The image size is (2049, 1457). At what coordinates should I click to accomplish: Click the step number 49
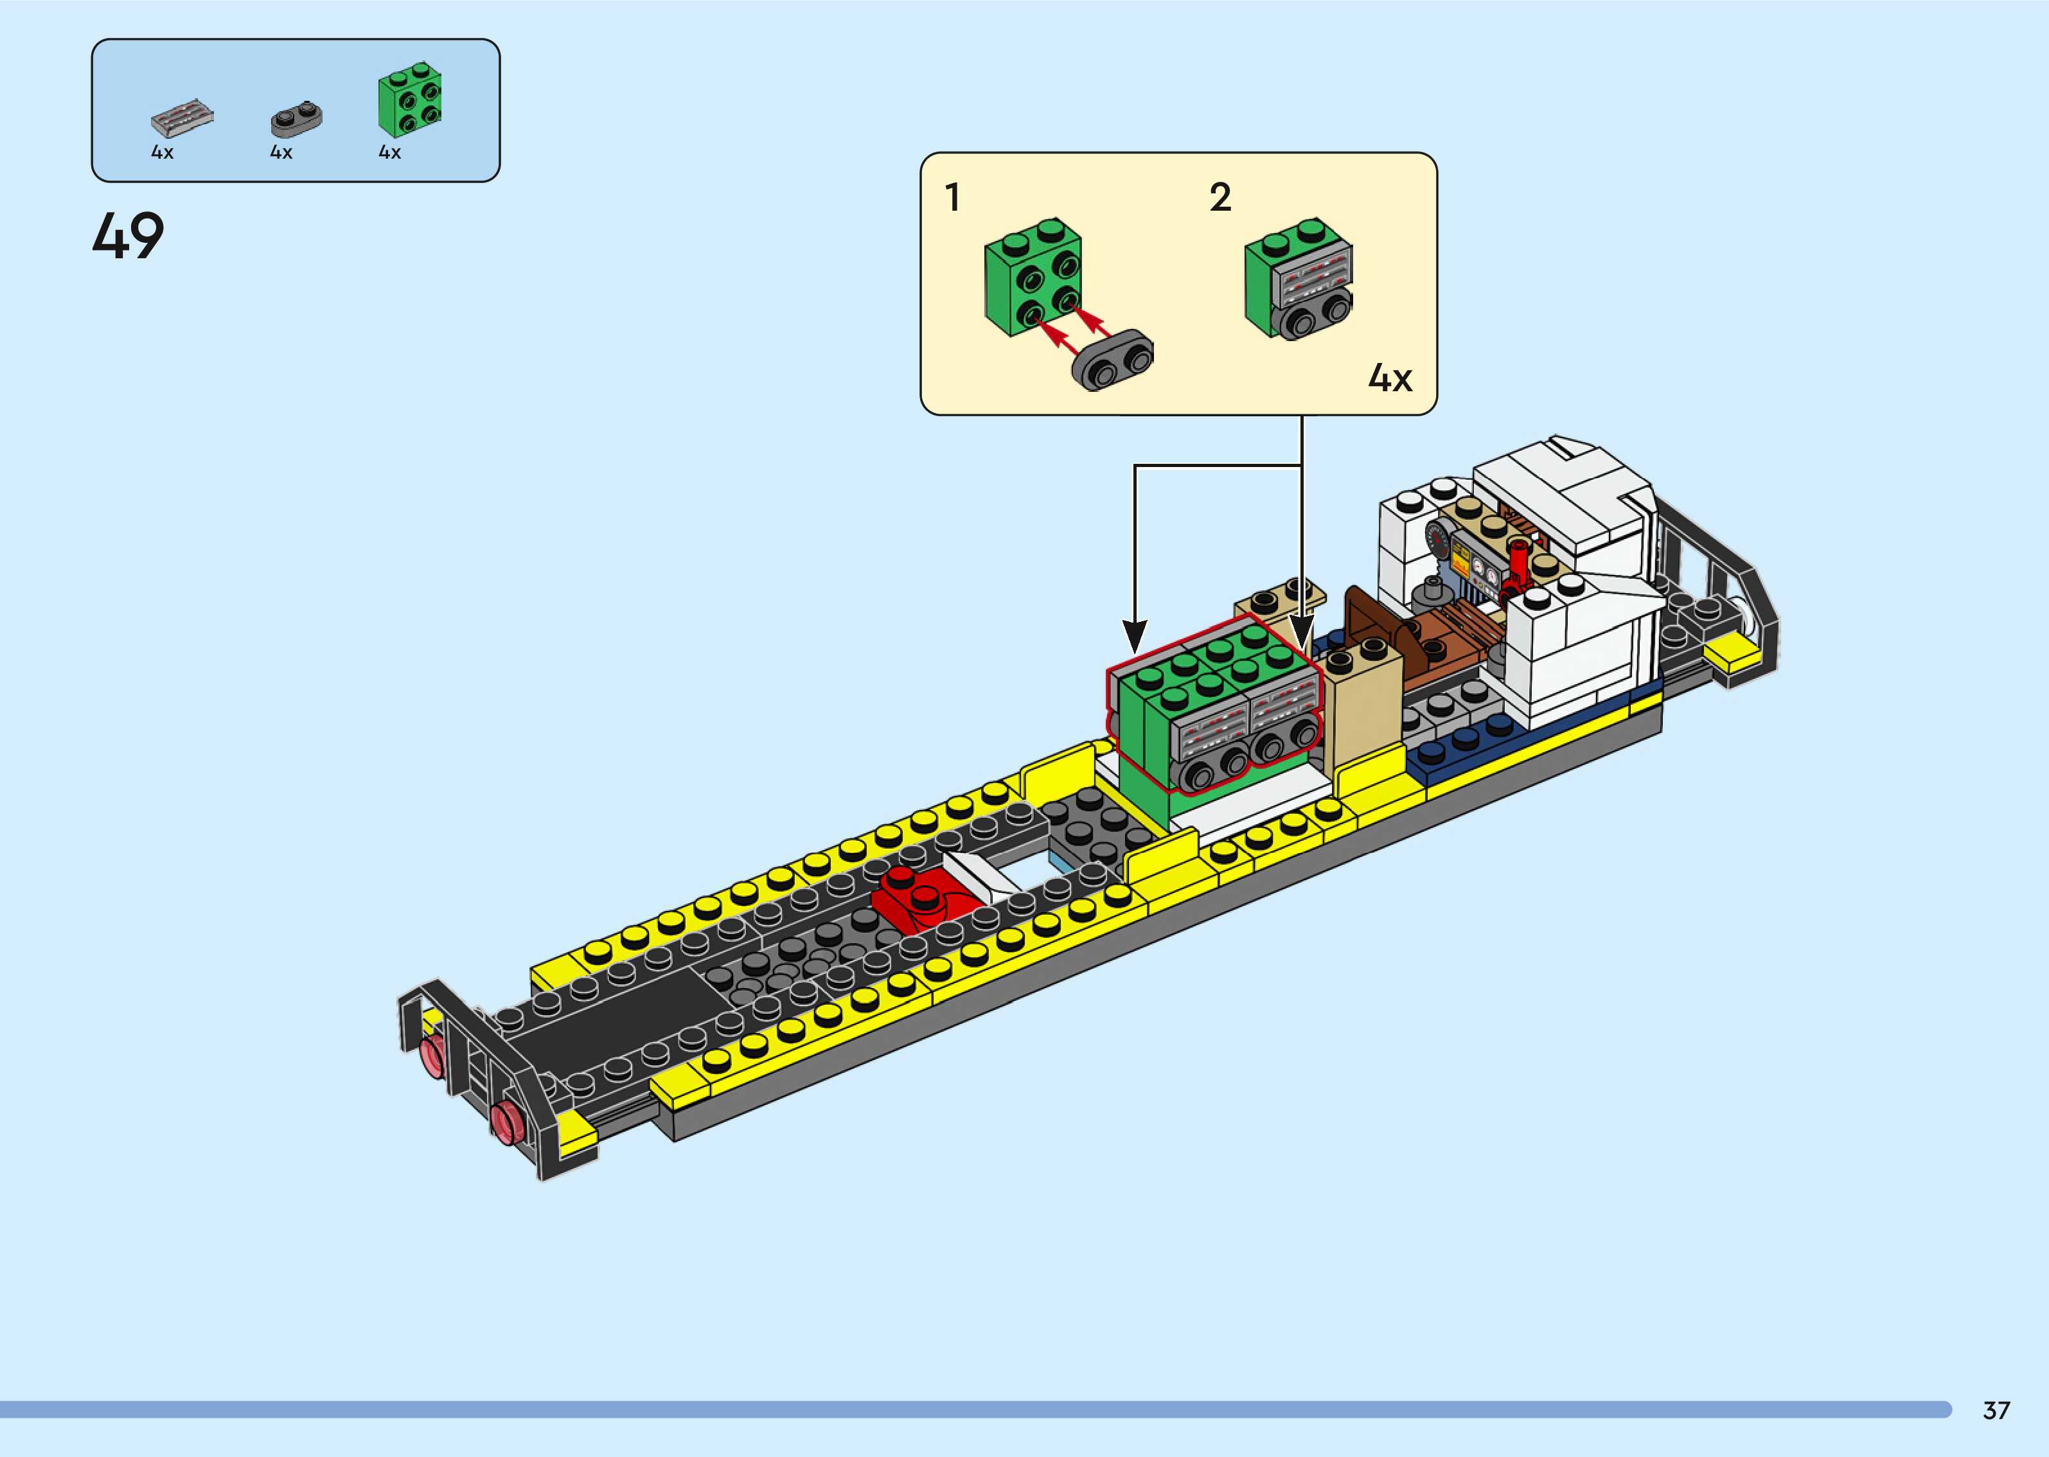tap(129, 236)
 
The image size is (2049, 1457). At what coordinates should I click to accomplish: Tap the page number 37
tap(1996, 1409)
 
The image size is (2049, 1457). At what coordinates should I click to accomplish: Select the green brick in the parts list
tap(410, 100)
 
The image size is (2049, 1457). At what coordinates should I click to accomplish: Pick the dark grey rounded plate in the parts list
tap(296, 118)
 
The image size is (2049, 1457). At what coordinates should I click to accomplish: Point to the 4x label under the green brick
tap(389, 152)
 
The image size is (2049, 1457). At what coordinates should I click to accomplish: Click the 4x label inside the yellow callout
tap(1390, 378)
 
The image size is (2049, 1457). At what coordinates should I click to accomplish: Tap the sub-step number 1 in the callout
tap(953, 197)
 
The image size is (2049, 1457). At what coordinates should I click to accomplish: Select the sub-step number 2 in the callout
tap(1220, 197)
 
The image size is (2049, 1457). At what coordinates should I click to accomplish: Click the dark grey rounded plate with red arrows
tap(1112, 360)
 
